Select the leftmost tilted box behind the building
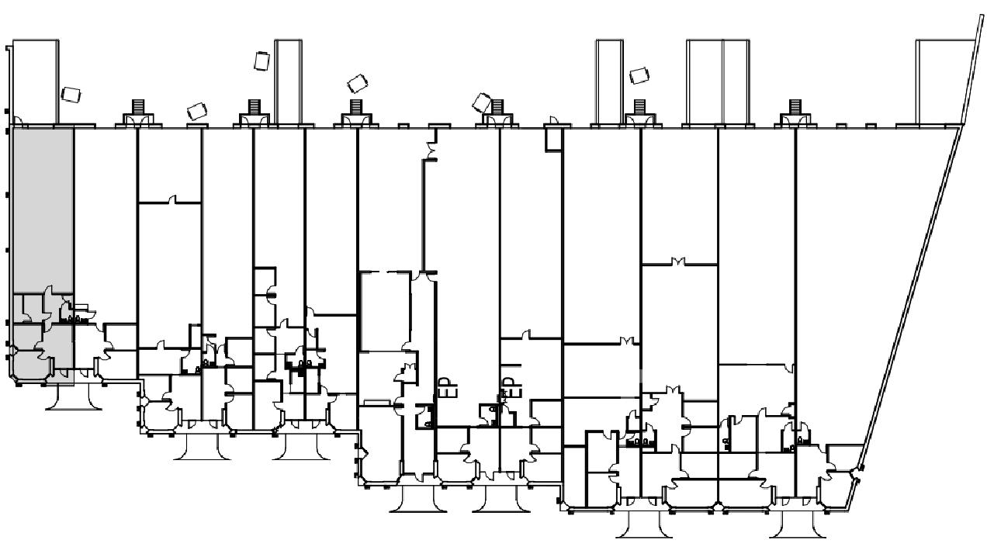pos(71,95)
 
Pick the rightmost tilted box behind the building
pos(639,75)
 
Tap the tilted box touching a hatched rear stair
pos(483,102)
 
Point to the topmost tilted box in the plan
pos(261,61)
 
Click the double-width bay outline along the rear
pos(717,81)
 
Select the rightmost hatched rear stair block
pos(795,106)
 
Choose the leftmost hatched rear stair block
pos(138,106)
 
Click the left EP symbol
pos(445,387)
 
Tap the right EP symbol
pos(508,387)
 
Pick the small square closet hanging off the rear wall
pos(553,138)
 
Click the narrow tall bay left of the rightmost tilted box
pos(609,81)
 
